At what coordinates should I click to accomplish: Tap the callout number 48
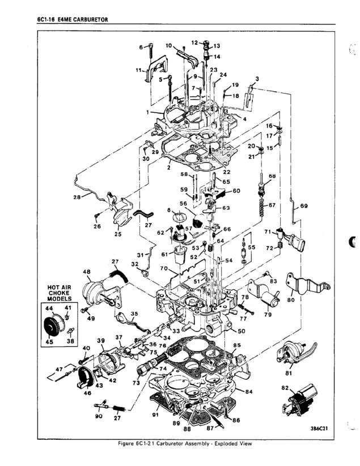(x=87, y=272)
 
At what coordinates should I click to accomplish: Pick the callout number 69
(x=304, y=207)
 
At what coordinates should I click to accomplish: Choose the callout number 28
(x=77, y=197)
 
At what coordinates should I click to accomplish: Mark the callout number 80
(x=290, y=300)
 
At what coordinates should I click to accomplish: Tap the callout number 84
(x=249, y=392)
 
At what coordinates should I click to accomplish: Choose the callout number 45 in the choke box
(x=49, y=341)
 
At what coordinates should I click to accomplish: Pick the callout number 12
(x=194, y=43)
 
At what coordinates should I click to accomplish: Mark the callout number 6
(x=141, y=47)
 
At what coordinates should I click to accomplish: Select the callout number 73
(x=135, y=383)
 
